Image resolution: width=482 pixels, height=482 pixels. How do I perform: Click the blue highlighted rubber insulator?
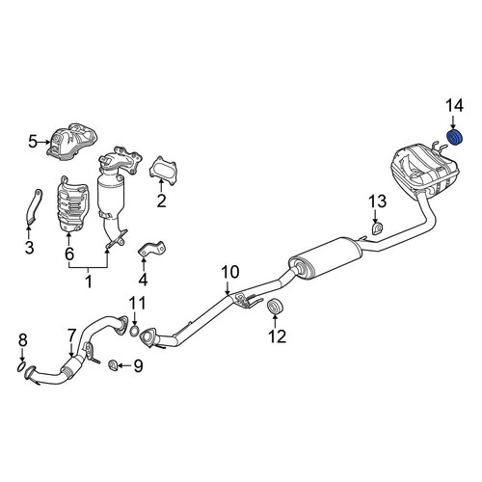(455, 138)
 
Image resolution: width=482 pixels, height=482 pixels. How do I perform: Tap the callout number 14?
(454, 106)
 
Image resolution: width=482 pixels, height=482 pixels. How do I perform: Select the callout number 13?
(377, 201)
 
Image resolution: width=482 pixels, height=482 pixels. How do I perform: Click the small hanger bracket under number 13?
(377, 228)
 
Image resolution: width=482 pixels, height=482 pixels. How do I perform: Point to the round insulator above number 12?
(275, 307)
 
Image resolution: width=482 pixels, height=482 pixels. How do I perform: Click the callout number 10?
(230, 272)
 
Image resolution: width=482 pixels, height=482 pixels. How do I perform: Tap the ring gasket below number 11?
(135, 331)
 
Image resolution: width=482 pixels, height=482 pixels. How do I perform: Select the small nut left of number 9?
(113, 365)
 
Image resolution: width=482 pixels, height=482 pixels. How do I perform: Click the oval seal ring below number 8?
(21, 366)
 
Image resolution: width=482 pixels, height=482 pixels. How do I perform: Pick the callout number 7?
(71, 335)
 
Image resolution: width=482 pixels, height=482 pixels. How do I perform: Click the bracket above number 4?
(152, 249)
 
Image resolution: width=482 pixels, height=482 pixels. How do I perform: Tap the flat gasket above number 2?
(163, 171)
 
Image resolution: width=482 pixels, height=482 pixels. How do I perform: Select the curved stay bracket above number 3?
(33, 206)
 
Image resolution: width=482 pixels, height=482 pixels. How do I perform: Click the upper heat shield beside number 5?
(72, 142)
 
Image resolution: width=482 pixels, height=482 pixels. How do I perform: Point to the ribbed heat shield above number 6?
(72, 203)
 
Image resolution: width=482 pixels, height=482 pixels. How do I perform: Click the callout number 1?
(89, 281)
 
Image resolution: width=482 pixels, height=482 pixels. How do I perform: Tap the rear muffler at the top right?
(424, 171)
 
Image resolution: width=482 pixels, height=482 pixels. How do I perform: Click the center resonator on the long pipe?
(325, 258)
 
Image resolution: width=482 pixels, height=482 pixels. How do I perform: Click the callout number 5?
(33, 142)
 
